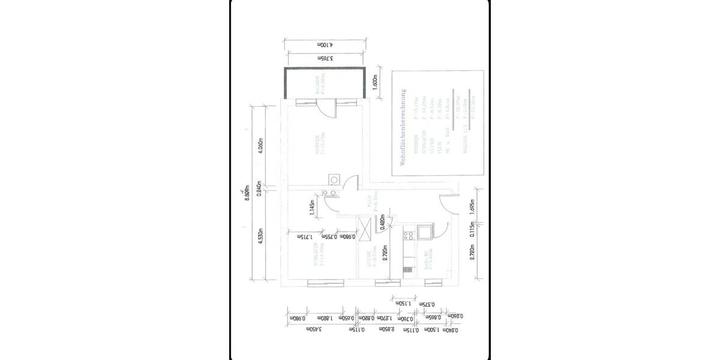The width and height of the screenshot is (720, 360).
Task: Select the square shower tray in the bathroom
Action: (424, 232)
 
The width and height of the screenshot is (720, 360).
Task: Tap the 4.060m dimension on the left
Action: (260, 146)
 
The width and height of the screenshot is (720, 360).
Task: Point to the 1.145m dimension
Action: (312, 208)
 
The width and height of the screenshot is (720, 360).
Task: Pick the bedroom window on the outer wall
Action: (325, 283)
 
